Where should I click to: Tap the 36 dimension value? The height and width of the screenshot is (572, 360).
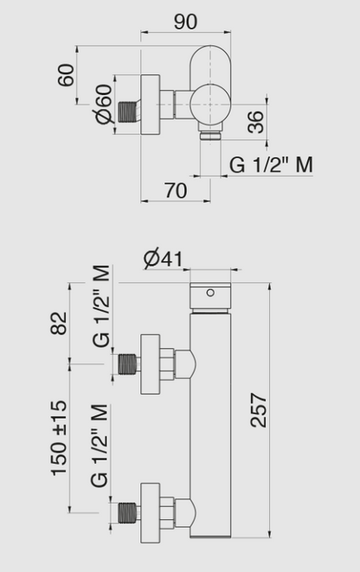[x=254, y=122]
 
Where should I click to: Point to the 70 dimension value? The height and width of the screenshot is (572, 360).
[x=176, y=191]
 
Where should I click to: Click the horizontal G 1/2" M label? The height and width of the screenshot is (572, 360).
[x=271, y=164]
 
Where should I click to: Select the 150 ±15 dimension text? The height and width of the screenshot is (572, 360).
[x=61, y=438]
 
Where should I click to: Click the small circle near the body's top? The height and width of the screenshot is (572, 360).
[x=209, y=292]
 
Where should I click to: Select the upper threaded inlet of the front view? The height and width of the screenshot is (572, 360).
[x=128, y=364]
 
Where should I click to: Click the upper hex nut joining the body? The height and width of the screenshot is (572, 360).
[x=182, y=363]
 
